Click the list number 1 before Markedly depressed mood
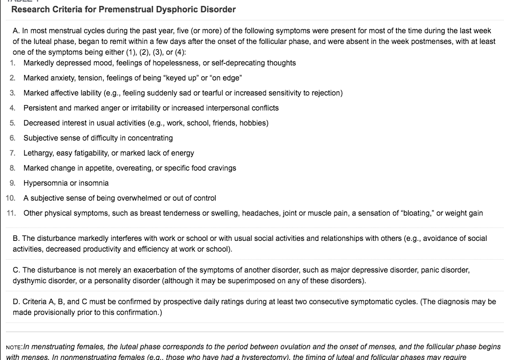(12, 63)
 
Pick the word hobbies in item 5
(254, 123)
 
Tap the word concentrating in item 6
(149, 138)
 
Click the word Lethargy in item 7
(38, 153)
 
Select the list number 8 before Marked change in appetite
(12, 168)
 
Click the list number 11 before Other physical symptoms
(11, 213)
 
